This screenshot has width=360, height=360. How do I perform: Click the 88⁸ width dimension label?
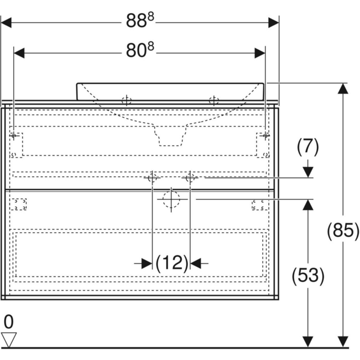click(140, 20)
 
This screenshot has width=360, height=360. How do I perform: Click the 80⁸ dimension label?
click(140, 50)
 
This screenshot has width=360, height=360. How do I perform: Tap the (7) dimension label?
click(308, 147)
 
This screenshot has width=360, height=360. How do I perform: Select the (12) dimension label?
click(172, 263)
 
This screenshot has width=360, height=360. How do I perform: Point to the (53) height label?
click(308, 275)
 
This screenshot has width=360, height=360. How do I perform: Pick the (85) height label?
click(343, 230)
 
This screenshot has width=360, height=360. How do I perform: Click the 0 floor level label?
click(8, 322)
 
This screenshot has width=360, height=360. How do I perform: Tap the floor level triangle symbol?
click(9, 340)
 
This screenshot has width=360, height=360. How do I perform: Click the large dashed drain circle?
click(171, 199)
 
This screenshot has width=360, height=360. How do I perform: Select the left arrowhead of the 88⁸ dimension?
click(6, 23)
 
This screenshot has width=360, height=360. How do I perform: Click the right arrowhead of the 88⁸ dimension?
click(274, 23)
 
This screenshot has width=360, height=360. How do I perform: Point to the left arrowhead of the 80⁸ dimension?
click(19, 53)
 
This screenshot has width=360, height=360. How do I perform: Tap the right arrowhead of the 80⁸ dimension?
click(260, 53)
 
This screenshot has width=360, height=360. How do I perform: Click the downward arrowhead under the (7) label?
click(308, 172)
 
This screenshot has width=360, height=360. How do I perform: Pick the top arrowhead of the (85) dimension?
click(343, 88)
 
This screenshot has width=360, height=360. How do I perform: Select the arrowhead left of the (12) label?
click(147, 263)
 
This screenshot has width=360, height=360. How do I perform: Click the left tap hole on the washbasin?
click(127, 101)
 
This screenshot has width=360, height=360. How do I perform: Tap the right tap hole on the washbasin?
click(214, 101)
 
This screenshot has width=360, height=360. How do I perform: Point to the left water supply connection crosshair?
click(152, 178)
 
